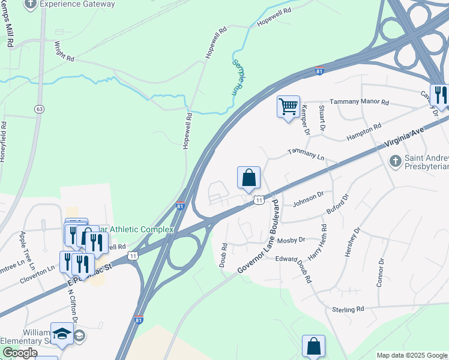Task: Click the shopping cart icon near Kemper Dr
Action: tap(288, 107)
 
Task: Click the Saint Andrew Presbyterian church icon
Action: tap(395, 161)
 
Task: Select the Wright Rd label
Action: tap(64, 52)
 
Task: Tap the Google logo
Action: tap(19, 353)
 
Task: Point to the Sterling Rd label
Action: tap(348, 309)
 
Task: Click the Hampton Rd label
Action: tap(364, 132)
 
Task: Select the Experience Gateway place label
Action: tap(77, 4)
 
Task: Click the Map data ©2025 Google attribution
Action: tap(412, 355)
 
